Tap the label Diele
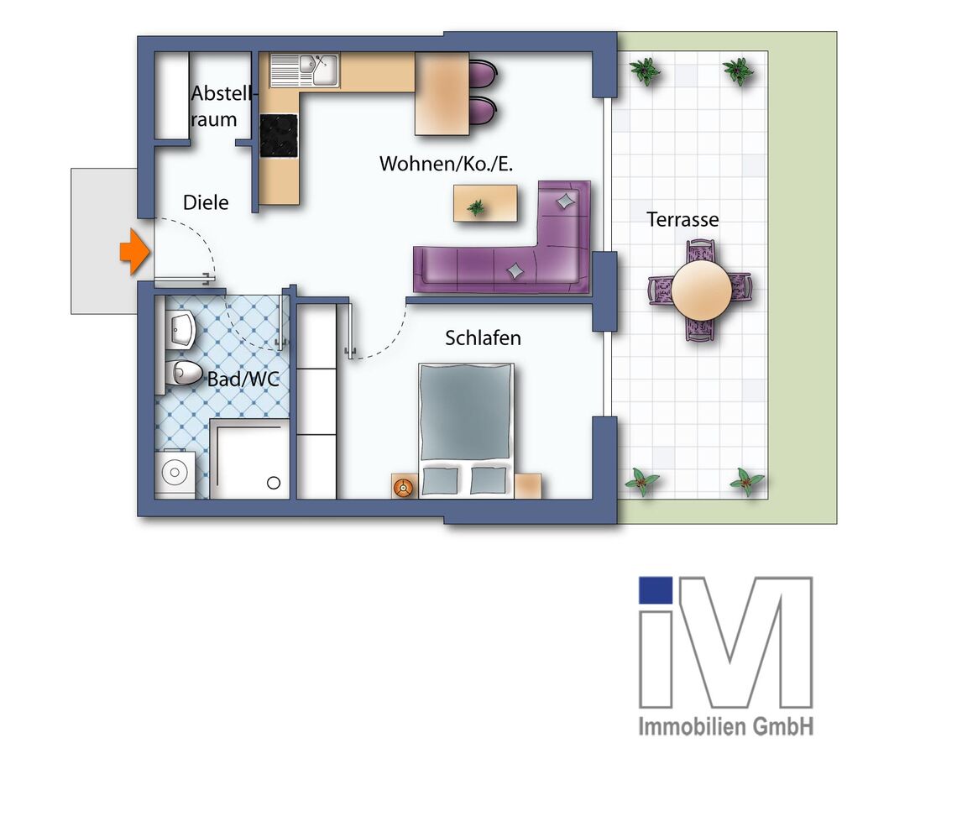206,202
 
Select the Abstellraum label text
215,107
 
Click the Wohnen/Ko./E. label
446,164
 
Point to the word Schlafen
483,338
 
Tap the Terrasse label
682,220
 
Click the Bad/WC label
243,380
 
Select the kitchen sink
303,71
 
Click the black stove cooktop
279,136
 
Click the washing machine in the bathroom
175,473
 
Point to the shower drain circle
273,483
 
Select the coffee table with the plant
485,203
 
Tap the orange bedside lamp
404,486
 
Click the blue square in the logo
656,590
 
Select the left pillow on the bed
441,481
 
